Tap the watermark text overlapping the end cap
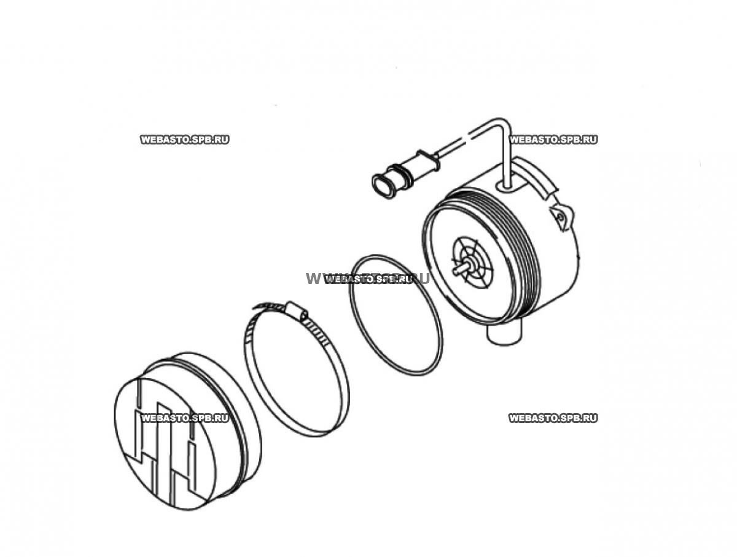coord(185,418)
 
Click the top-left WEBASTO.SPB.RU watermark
coord(185,140)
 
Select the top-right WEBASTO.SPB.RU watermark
coord(553,140)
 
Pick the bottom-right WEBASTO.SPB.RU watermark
coord(553,418)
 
